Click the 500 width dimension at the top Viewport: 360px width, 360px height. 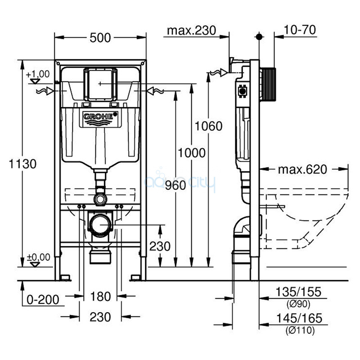click(x=100, y=38)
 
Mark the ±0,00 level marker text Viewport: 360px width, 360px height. click(x=38, y=257)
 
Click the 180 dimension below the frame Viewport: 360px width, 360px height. click(x=100, y=297)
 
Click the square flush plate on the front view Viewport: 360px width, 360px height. click(x=100, y=84)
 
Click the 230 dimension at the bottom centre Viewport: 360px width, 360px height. click(x=100, y=317)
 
